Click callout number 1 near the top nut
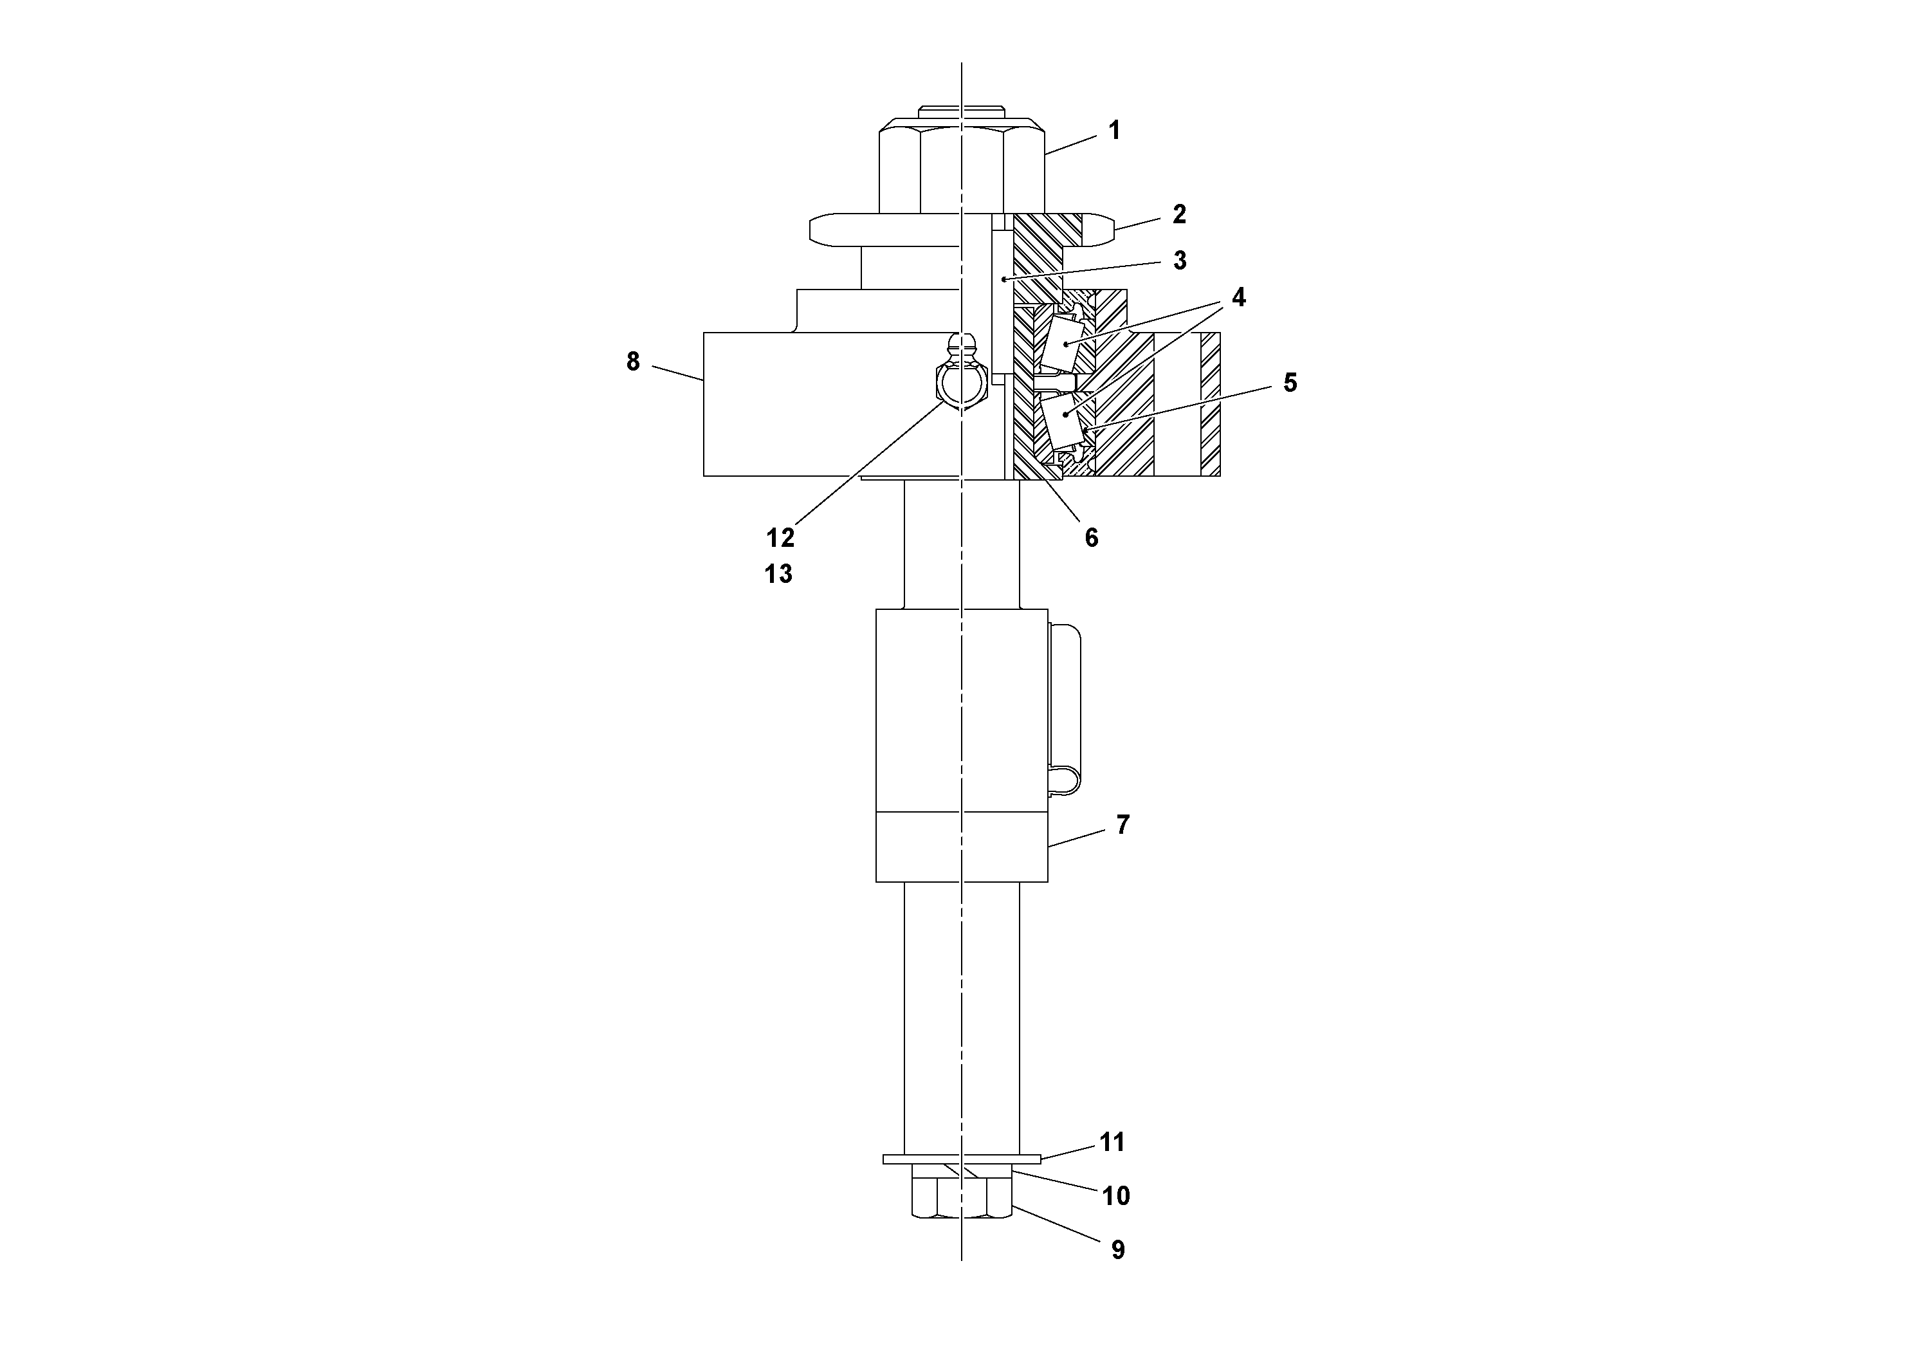click(1113, 131)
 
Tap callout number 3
click(1179, 261)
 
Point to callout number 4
click(1238, 298)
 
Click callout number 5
click(1290, 383)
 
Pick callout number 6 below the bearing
click(1091, 538)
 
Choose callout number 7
click(1122, 825)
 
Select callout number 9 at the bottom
click(1117, 1249)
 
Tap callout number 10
click(1116, 1196)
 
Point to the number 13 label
click(778, 574)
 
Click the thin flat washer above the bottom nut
click(962, 1159)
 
